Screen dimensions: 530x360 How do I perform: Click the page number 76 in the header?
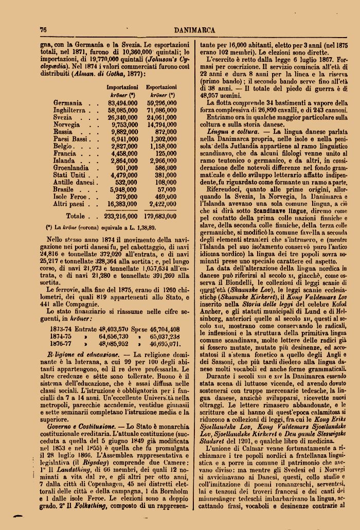[x=43, y=30]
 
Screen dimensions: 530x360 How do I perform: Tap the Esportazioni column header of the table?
[x=161, y=88]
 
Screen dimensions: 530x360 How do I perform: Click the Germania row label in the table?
[x=67, y=103]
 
